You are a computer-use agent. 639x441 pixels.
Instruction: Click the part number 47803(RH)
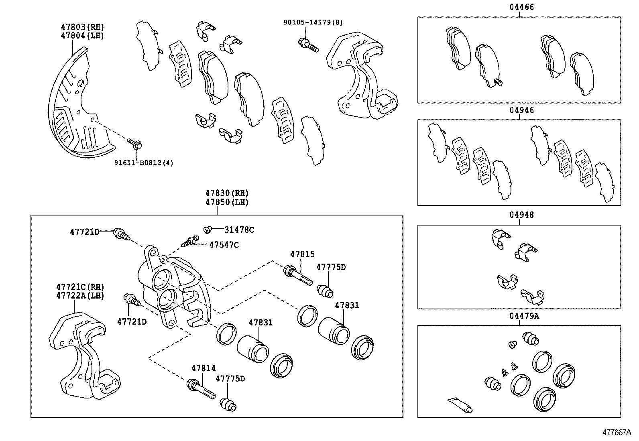82,27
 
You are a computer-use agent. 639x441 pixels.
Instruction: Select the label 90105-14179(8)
313,22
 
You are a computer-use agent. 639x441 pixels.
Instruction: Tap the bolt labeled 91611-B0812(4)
135,143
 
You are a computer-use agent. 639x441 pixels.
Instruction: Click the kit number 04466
519,7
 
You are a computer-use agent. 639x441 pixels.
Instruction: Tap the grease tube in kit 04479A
460,405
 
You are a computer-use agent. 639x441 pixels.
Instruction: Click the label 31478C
239,230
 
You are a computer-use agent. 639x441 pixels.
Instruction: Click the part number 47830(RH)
227,193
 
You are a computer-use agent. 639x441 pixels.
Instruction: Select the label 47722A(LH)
80,296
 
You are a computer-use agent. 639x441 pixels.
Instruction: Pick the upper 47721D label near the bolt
84,232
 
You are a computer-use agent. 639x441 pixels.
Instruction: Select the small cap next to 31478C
208,230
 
